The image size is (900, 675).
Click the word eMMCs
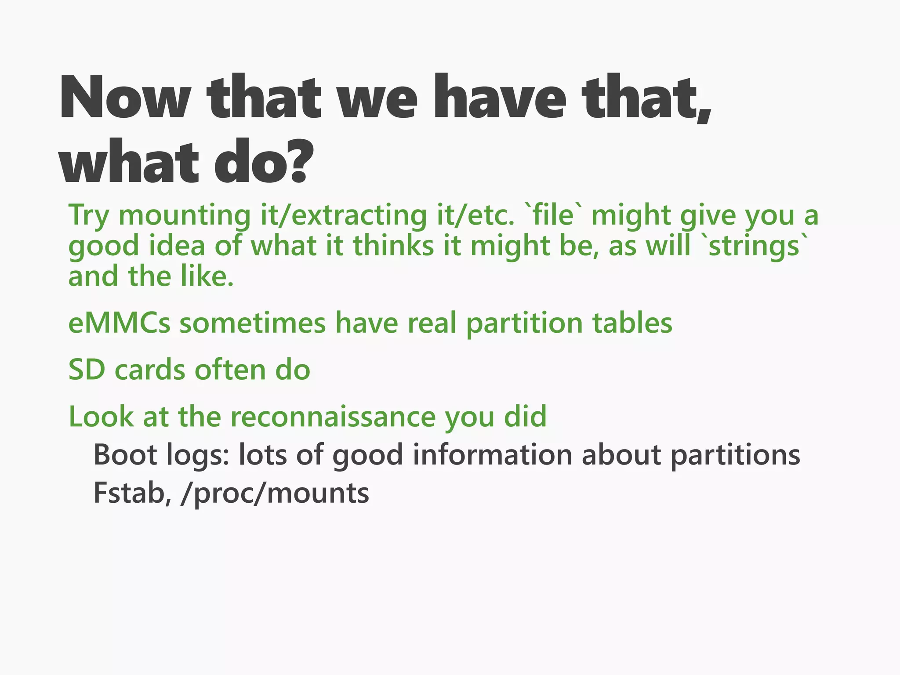[x=119, y=323]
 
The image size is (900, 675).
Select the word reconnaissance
[x=333, y=417]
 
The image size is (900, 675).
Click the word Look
[x=101, y=417]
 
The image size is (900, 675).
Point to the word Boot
[x=125, y=455]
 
